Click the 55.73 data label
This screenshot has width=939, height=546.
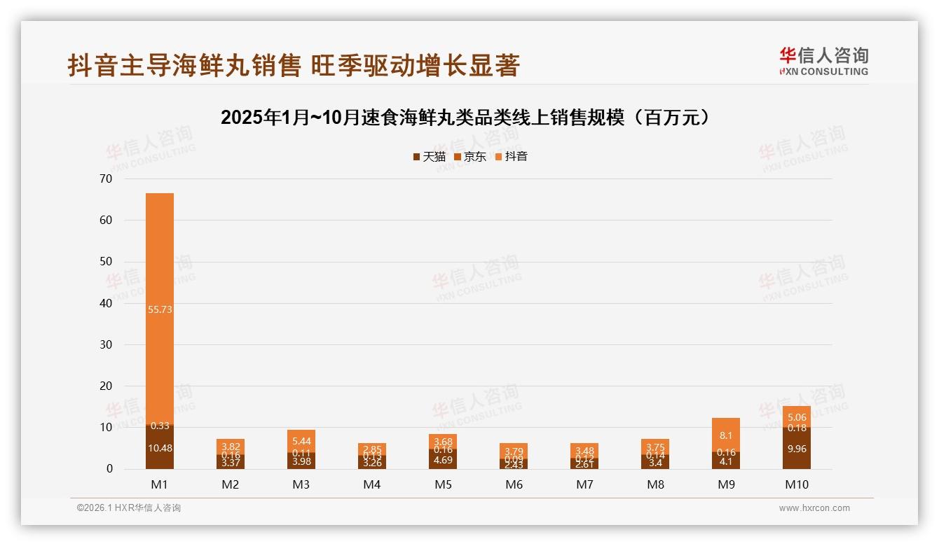pos(160,309)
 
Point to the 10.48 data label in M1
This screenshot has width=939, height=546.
pos(160,448)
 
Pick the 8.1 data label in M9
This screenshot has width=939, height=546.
pos(726,435)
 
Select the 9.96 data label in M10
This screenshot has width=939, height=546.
pos(797,449)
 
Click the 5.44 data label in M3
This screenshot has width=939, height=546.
pos(301,441)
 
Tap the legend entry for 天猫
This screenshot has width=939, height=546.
pos(429,156)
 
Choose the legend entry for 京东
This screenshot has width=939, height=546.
pos(470,156)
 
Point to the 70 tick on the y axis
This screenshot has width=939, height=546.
pos(106,178)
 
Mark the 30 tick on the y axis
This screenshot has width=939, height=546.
pos(106,344)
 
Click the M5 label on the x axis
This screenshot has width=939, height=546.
pos(443,484)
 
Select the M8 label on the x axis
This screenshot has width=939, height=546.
pos(655,484)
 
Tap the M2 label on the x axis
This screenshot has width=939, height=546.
pos(231,484)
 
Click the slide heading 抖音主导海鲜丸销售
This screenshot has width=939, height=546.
pos(294,65)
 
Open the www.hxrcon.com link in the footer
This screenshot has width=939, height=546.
pos(814,508)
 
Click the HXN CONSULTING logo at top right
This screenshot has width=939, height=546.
pos(823,61)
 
